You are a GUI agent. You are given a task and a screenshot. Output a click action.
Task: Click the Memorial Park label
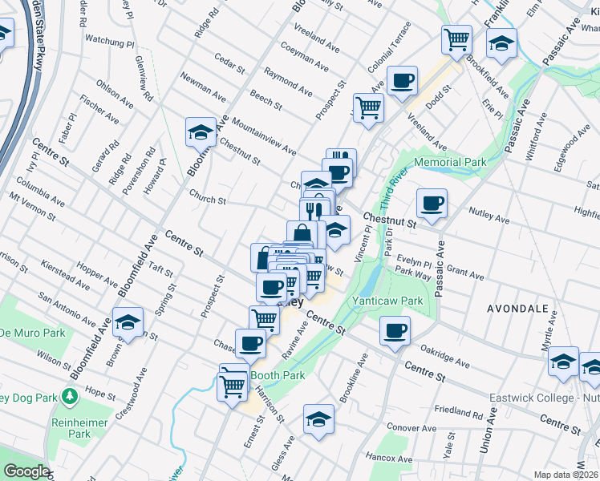[452, 162]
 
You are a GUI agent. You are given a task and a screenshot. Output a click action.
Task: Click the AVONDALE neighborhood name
[517, 308]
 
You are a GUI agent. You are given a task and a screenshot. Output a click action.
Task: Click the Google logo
[26, 471]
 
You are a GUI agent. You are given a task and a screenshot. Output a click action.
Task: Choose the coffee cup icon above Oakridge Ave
[394, 330]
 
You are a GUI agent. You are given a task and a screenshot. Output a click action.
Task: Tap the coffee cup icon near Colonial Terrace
[403, 80]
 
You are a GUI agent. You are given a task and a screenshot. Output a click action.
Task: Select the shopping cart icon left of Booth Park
[233, 386]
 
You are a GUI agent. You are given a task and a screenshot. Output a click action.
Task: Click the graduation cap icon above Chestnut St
[201, 132]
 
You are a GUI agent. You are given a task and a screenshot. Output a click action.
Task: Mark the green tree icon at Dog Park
[70, 396]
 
